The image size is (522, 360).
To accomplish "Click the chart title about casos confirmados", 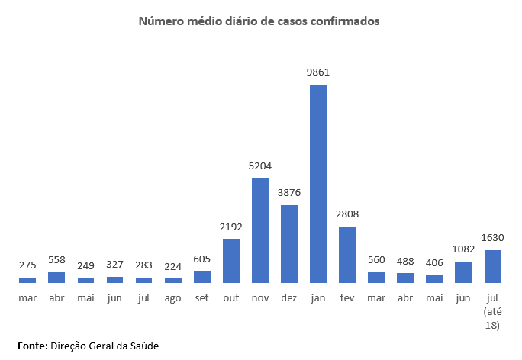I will [x=259, y=21].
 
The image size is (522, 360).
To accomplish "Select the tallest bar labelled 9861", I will [x=318, y=183].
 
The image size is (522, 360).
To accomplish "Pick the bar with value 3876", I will [x=289, y=243].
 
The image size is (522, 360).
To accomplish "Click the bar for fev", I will [x=347, y=254].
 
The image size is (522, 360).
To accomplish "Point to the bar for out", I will [x=231, y=260].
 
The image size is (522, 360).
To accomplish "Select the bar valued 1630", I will [x=492, y=266].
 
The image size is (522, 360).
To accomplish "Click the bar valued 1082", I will [x=463, y=272].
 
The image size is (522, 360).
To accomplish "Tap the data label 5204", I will [x=260, y=166].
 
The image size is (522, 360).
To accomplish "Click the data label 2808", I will [x=347, y=214].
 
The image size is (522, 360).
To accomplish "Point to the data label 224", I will [x=173, y=266].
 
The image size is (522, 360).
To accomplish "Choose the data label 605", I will [x=202, y=259].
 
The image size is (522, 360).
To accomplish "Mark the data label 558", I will [x=57, y=259].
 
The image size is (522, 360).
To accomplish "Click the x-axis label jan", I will [x=318, y=297].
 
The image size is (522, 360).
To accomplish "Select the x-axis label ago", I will [x=173, y=297].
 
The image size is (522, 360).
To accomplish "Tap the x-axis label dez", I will [x=289, y=297].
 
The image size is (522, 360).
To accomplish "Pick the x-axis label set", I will [x=202, y=297].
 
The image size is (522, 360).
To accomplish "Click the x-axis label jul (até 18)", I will [x=492, y=311].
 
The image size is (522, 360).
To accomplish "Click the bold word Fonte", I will [x=32, y=346].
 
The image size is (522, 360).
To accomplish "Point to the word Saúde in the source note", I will [x=144, y=346].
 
